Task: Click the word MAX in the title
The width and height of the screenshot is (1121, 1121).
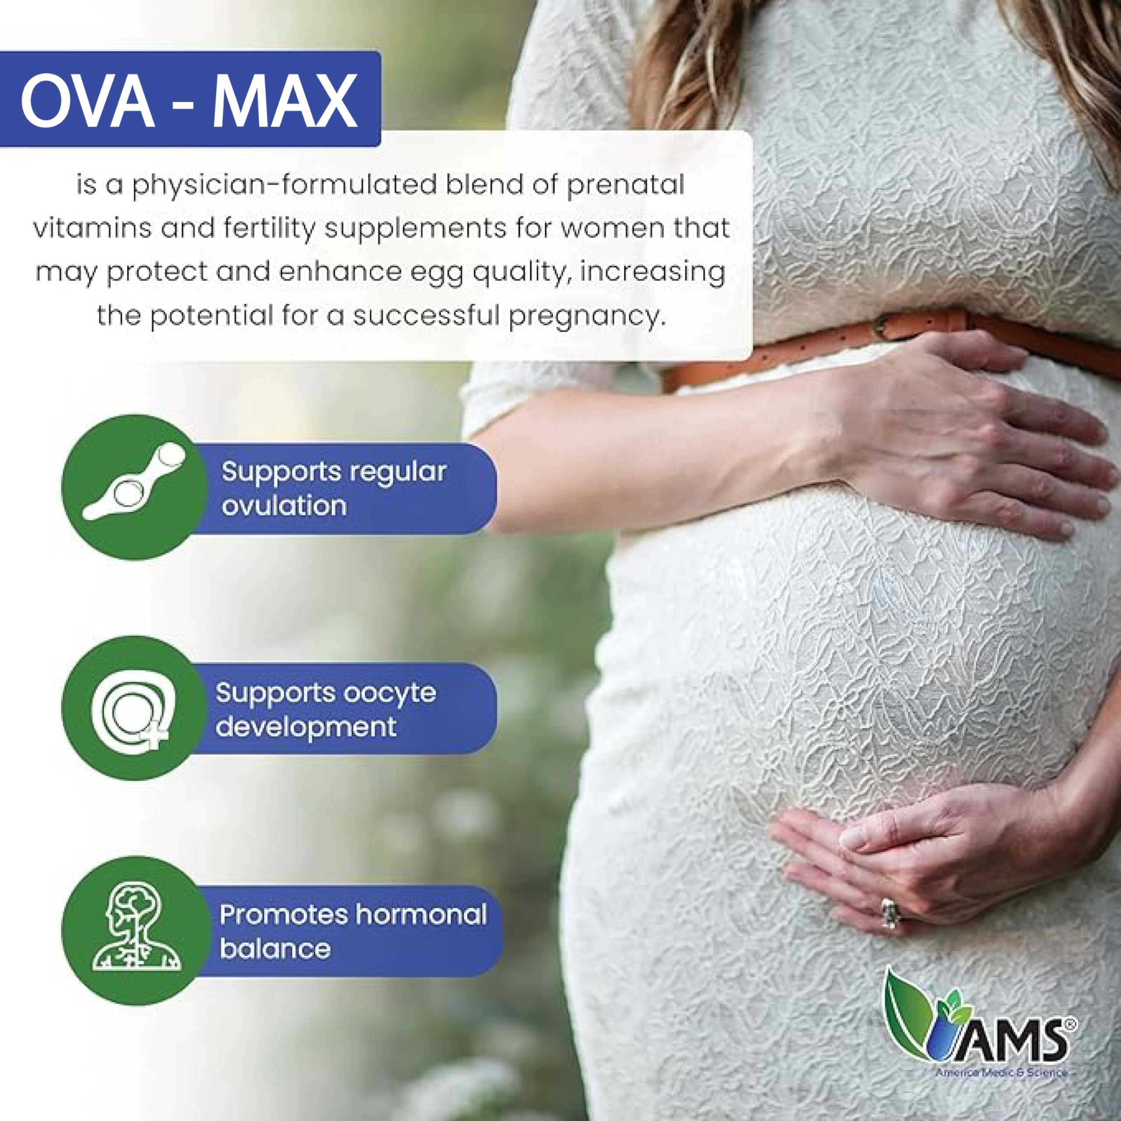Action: click(284, 101)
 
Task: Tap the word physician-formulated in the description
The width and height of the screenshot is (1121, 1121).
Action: click(284, 186)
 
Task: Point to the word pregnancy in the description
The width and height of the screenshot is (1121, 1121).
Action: click(585, 317)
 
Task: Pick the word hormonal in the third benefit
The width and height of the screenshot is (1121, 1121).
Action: click(421, 915)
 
